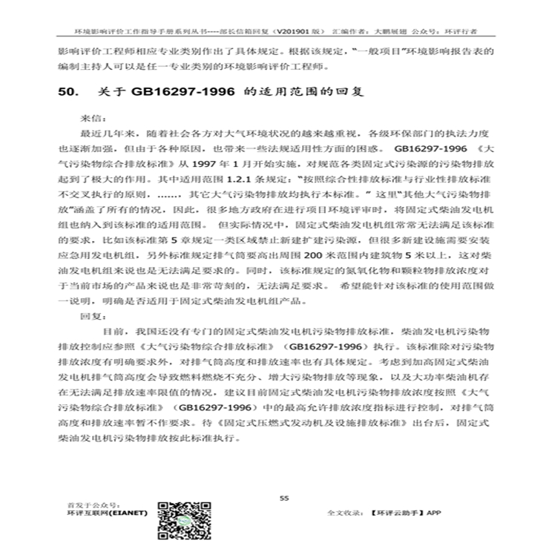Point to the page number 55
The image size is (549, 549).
(x=283, y=499)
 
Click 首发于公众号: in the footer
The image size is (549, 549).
(x=87, y=504)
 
